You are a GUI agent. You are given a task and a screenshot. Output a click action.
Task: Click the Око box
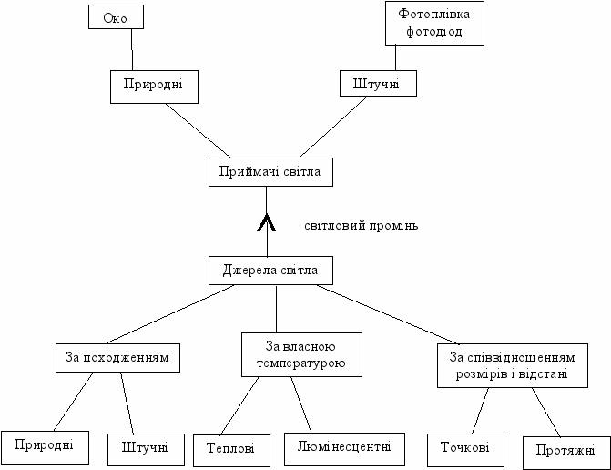click(x=116, y=16)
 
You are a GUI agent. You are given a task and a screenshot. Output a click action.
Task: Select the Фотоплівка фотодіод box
click(x=434, y=23)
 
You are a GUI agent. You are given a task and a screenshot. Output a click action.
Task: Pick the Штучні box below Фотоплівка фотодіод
click(x=378, y=85)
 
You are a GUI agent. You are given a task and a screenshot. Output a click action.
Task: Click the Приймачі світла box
click(x=265, y=172)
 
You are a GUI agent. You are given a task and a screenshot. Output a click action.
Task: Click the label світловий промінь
click(x=362, y=225)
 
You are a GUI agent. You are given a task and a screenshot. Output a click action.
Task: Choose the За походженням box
click(x=116, y=357)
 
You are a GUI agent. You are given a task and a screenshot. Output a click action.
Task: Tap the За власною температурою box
click(x=301, y=355)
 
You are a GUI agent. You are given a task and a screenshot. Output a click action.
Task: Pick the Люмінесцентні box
click(x=343, y=446)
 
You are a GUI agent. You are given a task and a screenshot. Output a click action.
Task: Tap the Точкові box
click(x=463, y=447)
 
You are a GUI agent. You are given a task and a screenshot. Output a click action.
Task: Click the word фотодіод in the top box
click(x=434, y=32)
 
